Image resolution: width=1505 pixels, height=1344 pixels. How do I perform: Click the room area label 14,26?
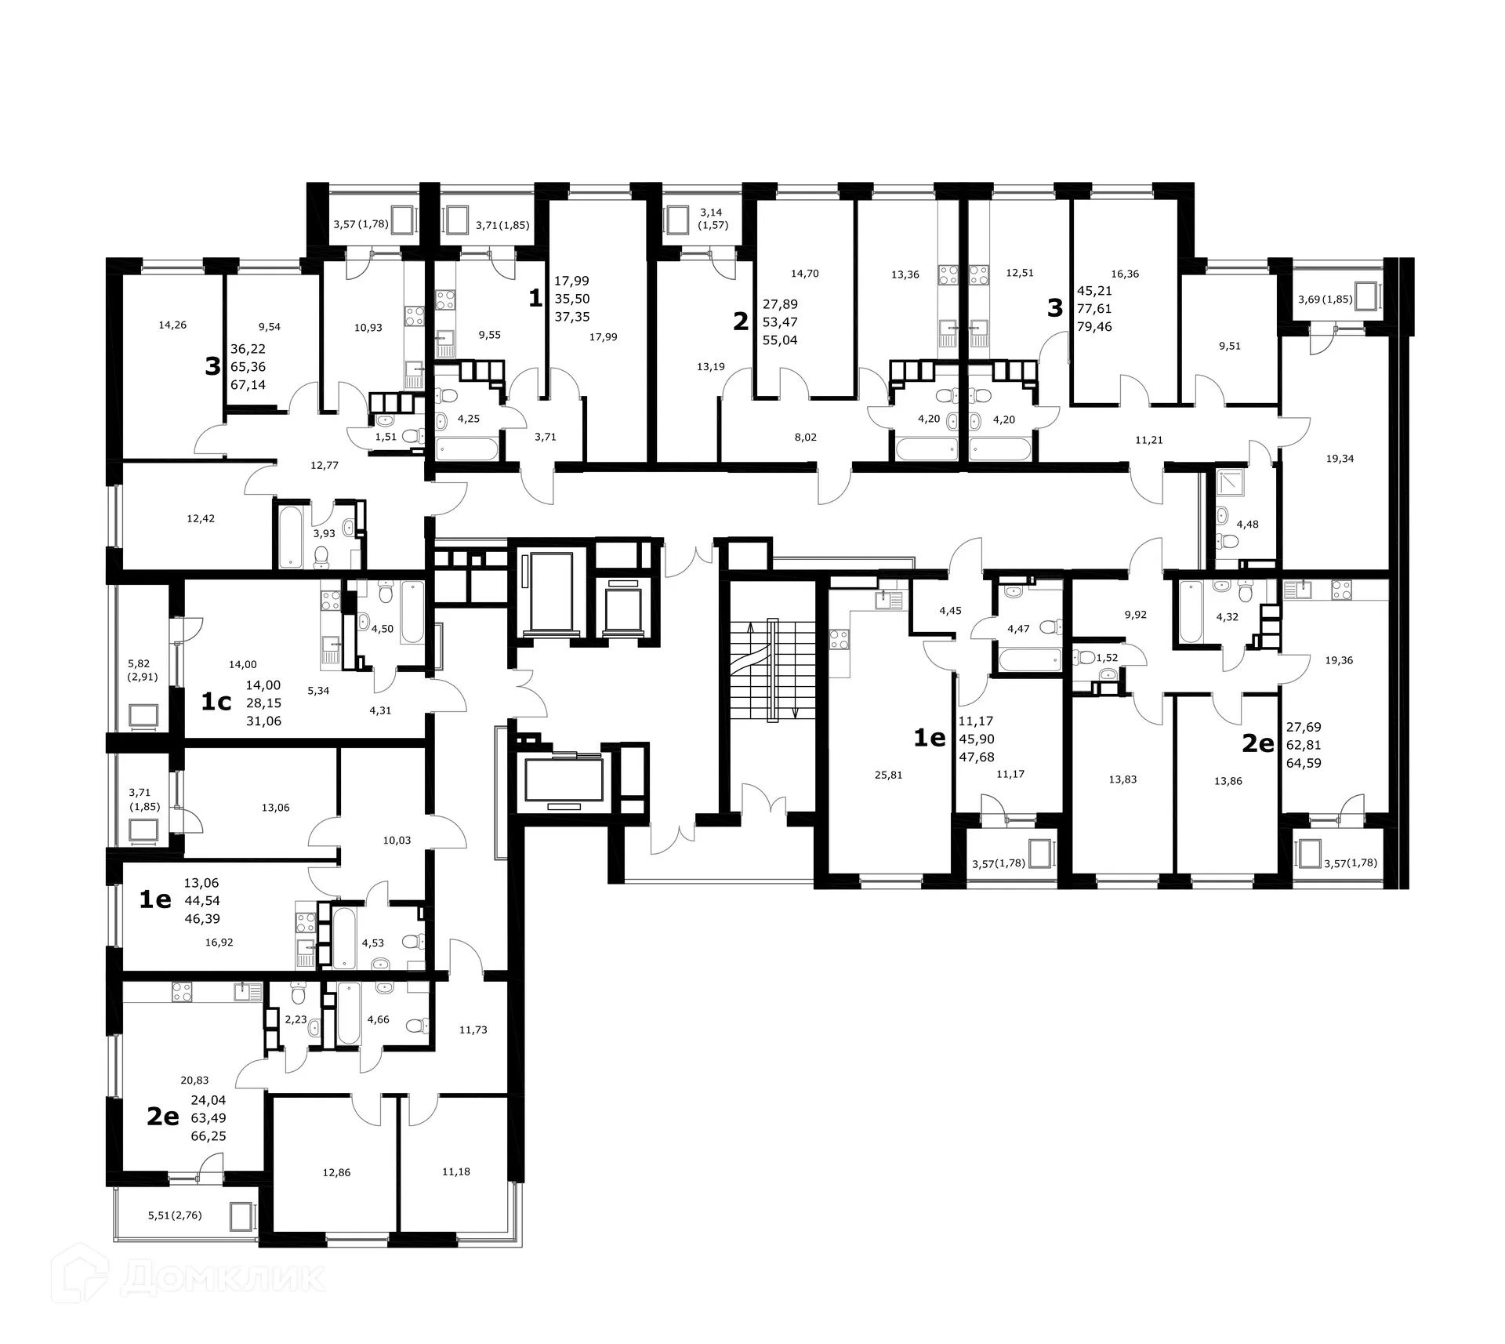coord(172,325)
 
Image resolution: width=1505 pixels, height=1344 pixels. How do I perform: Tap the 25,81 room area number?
coord(888,775)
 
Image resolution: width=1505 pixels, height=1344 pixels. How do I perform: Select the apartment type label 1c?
coord(216,702)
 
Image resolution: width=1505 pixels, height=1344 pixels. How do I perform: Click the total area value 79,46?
coord(1094,327)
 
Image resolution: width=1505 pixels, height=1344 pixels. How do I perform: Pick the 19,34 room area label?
coord(1340,459)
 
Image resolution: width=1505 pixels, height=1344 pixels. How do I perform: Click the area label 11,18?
coord(456,1171)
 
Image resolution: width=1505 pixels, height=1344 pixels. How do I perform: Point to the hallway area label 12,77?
coord(325,465)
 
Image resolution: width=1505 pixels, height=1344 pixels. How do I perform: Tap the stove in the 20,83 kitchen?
coord(182,993)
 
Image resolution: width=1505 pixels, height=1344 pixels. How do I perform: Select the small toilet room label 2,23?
coord(296,1019)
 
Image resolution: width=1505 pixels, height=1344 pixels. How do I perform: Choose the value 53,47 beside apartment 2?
coord(780,322)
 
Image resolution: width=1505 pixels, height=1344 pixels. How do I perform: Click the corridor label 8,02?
coord(805,437)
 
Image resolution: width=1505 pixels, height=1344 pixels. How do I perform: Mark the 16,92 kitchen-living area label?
coord(219,943)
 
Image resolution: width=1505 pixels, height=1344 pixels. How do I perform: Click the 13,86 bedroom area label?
coord(1228,781)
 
